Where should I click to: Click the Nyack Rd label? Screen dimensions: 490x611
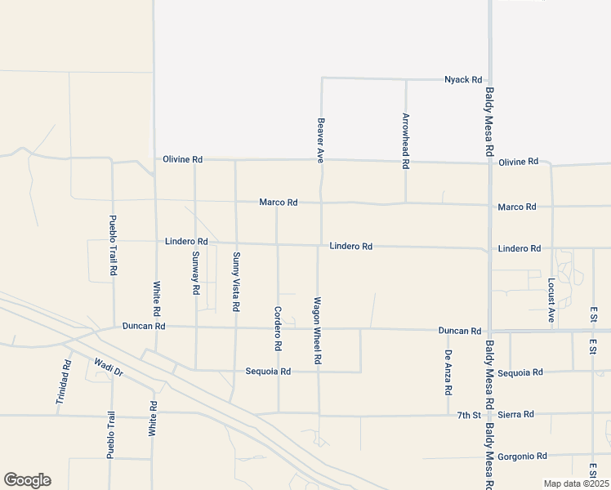462,80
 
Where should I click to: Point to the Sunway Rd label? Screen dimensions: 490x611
195,273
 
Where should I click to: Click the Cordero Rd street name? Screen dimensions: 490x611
278,328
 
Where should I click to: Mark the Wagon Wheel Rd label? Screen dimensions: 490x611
319,330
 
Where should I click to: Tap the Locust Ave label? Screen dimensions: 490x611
551,300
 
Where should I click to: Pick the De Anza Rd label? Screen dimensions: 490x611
448,371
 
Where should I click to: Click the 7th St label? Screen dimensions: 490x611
469,416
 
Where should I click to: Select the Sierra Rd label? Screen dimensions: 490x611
516,415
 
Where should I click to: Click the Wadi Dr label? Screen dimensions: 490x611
108,367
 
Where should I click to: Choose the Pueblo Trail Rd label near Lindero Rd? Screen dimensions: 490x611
114,245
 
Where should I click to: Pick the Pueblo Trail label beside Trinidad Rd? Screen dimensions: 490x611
111,434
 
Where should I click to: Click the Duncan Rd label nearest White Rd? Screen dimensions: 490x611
144,326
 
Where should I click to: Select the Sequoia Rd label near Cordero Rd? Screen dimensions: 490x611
268,372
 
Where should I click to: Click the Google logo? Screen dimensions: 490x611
27,480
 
